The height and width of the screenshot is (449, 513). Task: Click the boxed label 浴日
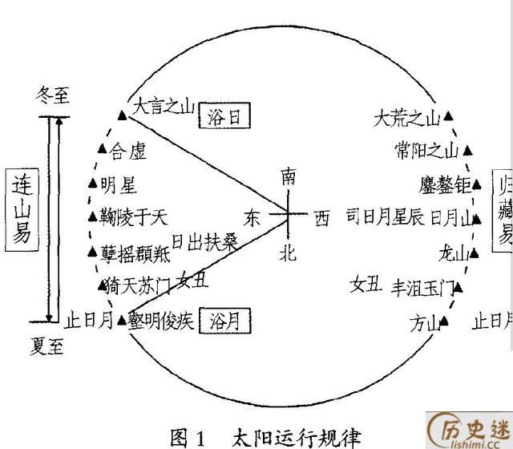(x=224, y=117)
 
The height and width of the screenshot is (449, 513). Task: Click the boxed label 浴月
(x=224, y=322)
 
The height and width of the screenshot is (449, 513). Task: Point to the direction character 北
(x=288, y=254)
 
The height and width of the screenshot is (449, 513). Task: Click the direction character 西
(x=321, y=217)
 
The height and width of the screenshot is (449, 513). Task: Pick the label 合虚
(x=129, y=149)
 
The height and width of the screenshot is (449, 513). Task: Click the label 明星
(x=119, y=186)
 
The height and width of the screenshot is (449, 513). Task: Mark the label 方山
(x=425, y=324)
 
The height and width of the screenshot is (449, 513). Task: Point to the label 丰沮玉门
(x=422, y=286)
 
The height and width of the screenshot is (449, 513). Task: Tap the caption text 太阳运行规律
(x=295, y=437)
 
